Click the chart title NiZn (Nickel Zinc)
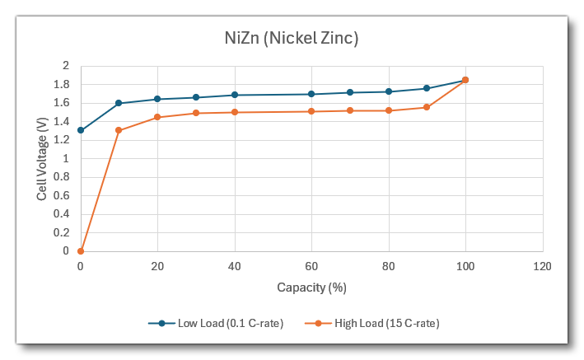[x=292, y=38]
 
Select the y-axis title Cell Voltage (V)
[x=42, y=159]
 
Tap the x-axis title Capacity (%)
[x=311, y=288]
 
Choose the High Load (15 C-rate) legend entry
[x=378, y=323]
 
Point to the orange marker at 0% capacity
[x=81, y=251]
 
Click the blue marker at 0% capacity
[x=81, y=130]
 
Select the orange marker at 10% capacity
[x=119, y=130]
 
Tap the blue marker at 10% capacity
[x=119, y=103]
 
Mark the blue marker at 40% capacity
[x=235, y=95]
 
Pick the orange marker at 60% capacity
[x=311, y=111]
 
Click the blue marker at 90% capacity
[x=427, y=88]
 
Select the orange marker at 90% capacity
[x=427, y=107]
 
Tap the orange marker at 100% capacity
[x=465, y=80]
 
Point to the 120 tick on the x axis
[x=542, y=267]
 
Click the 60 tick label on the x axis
[x=311, y=267]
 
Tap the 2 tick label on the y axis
[x=68, y=66]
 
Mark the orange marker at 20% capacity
[x=157, y=117]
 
